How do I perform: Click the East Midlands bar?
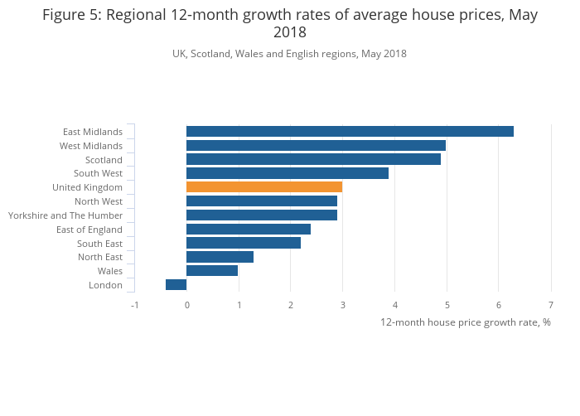pyautogui.click(x=350, y=131)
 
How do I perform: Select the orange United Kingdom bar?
pyautogui.click(x=264, y=187)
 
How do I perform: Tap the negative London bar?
pyautogui.click(x=176, y=285)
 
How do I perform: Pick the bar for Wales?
pyautogui.click(x=212, y=271)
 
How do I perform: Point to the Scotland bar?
pyautogui.click(x=313, y=159)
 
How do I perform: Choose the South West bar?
pyautogui.click(x=288, y=173)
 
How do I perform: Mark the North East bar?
pyautogui.click(x=220, y=257)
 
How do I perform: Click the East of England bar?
pyautogui.click(x=249, y=230)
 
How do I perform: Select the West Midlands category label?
pyautogui.click(x=91, y=146)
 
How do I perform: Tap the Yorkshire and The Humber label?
pyautogui.click(x=65, y=215)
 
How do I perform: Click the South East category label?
pyautogui.click(x=99, y=244)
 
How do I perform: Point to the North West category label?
pyautogui.click(x=99, y=201)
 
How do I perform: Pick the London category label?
pyautogui.click(x=105, y=285)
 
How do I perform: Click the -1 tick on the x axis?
pyautogui.click(x=134, y=305)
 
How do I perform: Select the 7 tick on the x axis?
pyautogui.click(x=551, y=305)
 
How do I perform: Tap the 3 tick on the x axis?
pyautogui.click(x=343, y=305)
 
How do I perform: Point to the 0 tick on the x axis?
pyautogui.click(x=186, y=305)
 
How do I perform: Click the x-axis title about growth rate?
pyautogui.click(x=465, y=322)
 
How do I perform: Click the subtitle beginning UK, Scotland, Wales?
pyautogui.click(x=289, y=54)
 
